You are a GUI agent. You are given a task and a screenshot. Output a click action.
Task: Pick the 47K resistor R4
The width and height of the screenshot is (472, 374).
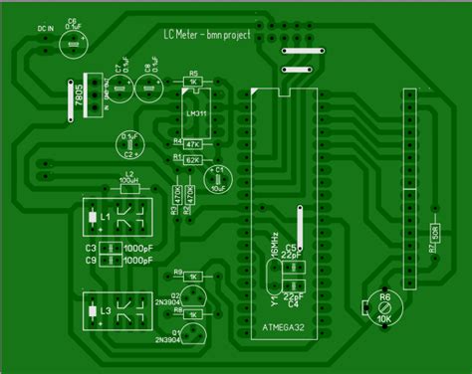[193, 145]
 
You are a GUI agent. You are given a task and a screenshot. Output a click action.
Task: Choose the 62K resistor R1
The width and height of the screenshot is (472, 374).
[193, 158]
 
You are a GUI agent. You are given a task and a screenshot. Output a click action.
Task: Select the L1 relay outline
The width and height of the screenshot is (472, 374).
[118, 216]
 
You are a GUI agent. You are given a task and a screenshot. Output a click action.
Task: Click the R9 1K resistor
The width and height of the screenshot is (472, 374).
[193, 275]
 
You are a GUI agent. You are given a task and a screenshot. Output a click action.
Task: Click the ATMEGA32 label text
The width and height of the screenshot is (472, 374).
[284, 326]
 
